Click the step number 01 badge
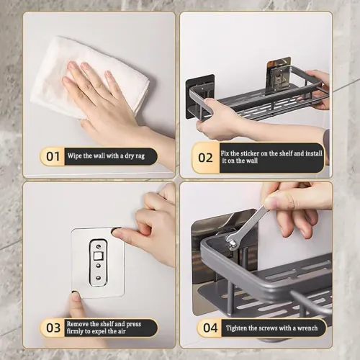[53, 156]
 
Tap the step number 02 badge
[205, 157]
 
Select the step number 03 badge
[53, 328]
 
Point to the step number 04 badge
[210, 328]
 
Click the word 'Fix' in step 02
[225, 152]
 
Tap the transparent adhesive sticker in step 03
[96, 263]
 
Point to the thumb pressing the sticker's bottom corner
[77, 302]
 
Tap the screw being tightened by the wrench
[233, 244]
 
